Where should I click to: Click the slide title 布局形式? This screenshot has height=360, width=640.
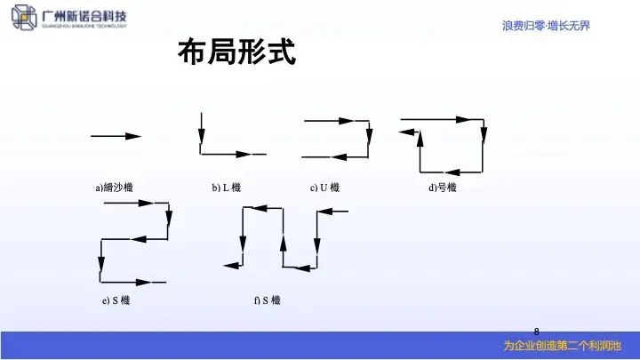click(236, 52)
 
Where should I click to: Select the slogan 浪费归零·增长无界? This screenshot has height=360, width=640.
click(546, 25)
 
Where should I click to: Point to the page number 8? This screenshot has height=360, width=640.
click(536, 330)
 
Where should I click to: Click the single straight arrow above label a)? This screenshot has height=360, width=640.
click(116, 136)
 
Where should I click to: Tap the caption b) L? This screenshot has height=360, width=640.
click(232, 188)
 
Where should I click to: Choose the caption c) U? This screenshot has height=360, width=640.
click(324, 188)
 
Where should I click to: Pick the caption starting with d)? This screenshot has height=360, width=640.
click(442, 188)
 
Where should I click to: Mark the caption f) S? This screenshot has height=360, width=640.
click(267, 301)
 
